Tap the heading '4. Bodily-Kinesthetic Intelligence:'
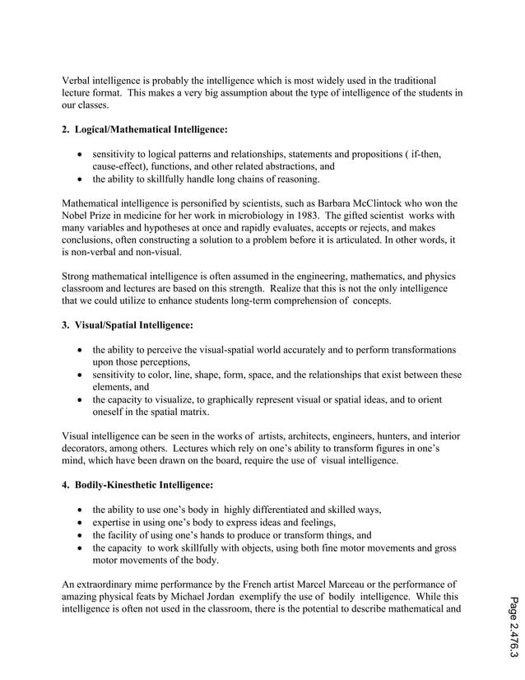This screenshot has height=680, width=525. tap(137, 485)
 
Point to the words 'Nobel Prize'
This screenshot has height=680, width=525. tap(89, 215)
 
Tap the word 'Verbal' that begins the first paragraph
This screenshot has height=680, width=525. tap(78, 80)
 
